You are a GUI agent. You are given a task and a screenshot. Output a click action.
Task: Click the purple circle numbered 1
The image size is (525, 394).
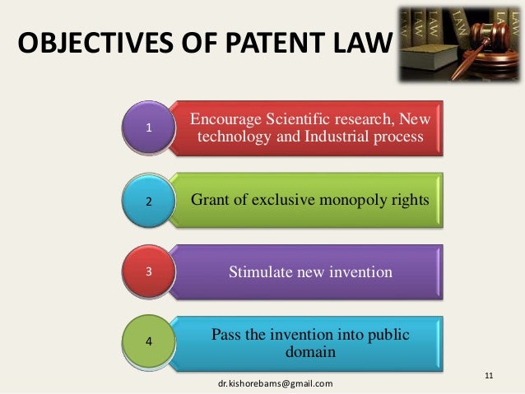(149, 127)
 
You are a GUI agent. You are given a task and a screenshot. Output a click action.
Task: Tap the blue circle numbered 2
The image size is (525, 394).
(149, 200)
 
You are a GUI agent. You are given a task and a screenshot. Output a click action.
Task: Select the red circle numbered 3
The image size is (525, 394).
(149, 271)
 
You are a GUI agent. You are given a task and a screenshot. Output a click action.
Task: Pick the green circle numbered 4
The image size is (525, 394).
(149, 340)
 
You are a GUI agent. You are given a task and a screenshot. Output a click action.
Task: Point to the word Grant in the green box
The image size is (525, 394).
(210, 200)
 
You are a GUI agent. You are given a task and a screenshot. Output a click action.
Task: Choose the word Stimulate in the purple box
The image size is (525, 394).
(262, 271)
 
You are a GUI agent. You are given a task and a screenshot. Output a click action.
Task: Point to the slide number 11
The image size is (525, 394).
(489, 376)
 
